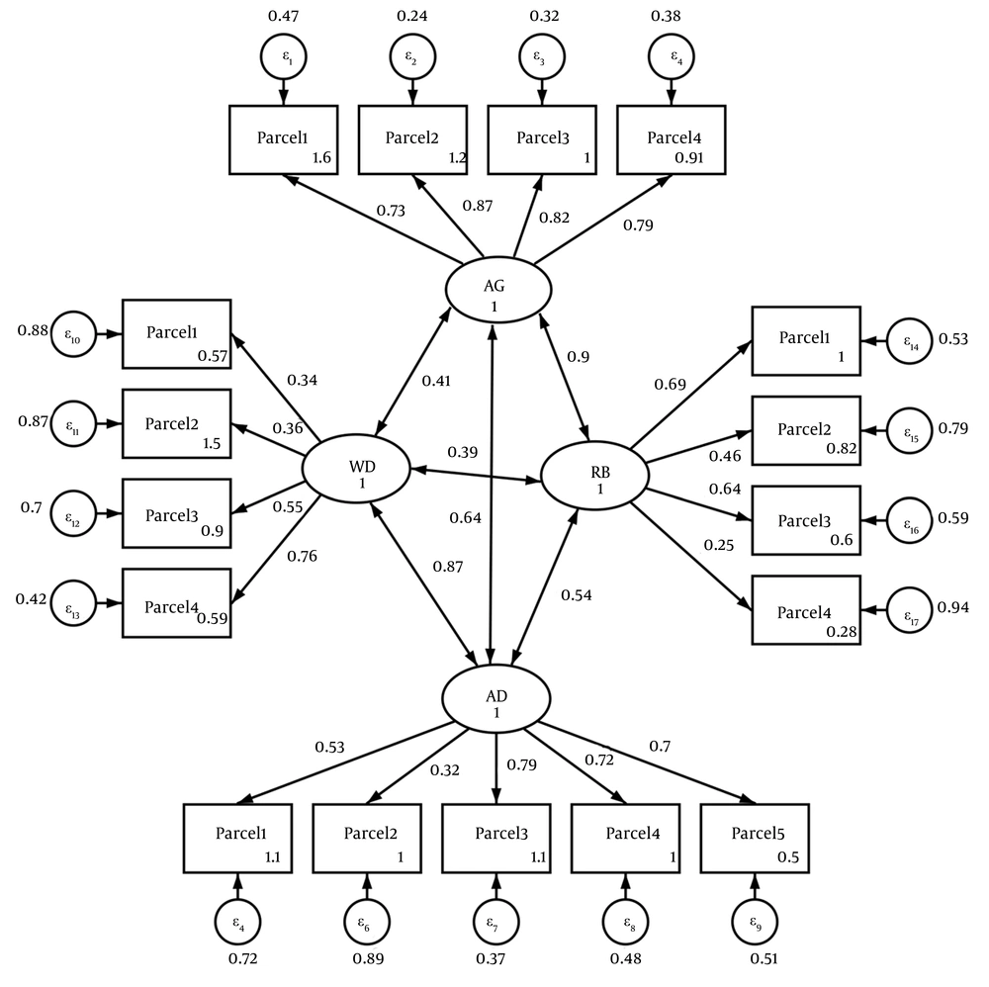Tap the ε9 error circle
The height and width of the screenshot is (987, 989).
coord(755,924)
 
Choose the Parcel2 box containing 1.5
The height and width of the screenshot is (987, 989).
coord(176,423)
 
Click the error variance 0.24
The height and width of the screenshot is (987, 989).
coord(411,17)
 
